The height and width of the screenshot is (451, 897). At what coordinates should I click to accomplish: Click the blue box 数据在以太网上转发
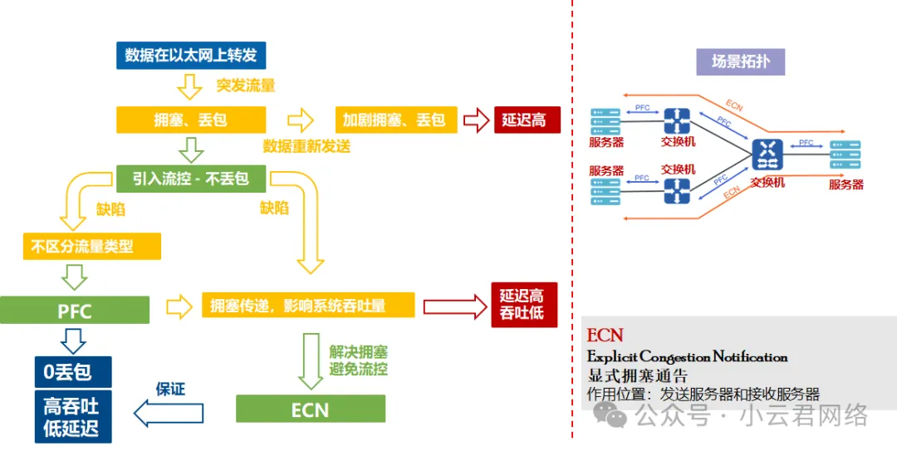click(x=190, y=56)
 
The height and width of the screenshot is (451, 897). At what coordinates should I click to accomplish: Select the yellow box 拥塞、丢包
click(x=190, y=120)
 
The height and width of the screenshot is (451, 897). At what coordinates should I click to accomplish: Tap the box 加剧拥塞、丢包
click(x=394, y=120)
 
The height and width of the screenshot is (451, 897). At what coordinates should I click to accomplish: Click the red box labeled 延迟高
click(x=527, y=120)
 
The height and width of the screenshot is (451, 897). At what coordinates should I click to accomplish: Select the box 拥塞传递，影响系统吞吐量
click(x=308, y=306)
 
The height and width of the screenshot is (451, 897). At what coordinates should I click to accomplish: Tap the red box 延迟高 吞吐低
click(x=522, y=305)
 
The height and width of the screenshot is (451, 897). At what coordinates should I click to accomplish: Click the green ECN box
click(x=310, y=409)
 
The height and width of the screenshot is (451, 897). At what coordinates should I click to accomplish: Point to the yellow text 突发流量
click(x=246, y=86)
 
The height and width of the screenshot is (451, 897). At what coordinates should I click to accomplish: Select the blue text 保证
click(x=170, y=389)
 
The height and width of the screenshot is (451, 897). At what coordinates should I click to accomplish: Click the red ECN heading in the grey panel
click(x=605, y=335)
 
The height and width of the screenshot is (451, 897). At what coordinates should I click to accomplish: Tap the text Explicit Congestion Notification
click(x=687, y=357)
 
